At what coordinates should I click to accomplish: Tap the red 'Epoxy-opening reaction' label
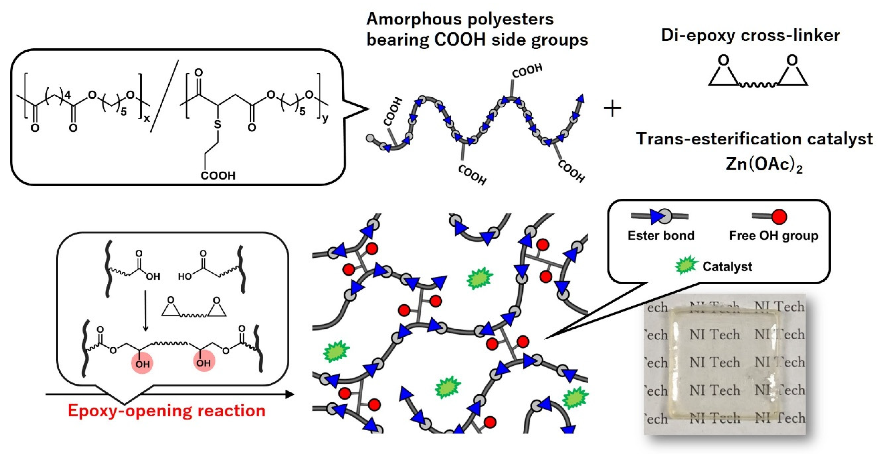(166, 410)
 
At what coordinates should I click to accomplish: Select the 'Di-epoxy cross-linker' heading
(750, 35)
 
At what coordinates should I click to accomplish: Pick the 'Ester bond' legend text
(661, 236)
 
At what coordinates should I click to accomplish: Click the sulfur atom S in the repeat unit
(218, 124)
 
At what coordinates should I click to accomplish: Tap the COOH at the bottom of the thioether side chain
(218, 176)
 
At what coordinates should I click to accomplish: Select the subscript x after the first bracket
(146, 119)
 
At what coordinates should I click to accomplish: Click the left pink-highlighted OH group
(142, 363)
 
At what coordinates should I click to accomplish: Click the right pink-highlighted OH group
(204, 362)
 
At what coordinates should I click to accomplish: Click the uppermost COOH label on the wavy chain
(527, 70)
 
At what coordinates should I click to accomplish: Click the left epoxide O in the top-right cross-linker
(723, 61)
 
